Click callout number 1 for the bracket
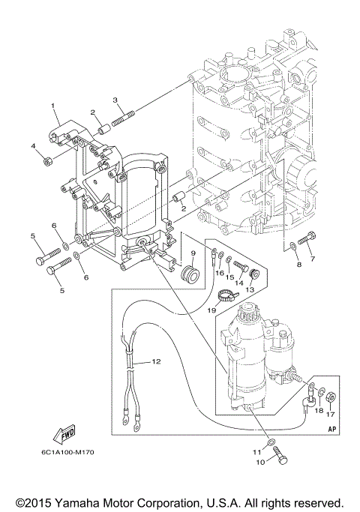pos(54,106)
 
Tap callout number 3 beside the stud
pos(115,100)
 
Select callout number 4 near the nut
pos(34,145)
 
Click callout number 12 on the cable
pos(157,361)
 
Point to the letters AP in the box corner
pos(330,429)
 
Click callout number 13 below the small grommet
pos(250,289)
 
